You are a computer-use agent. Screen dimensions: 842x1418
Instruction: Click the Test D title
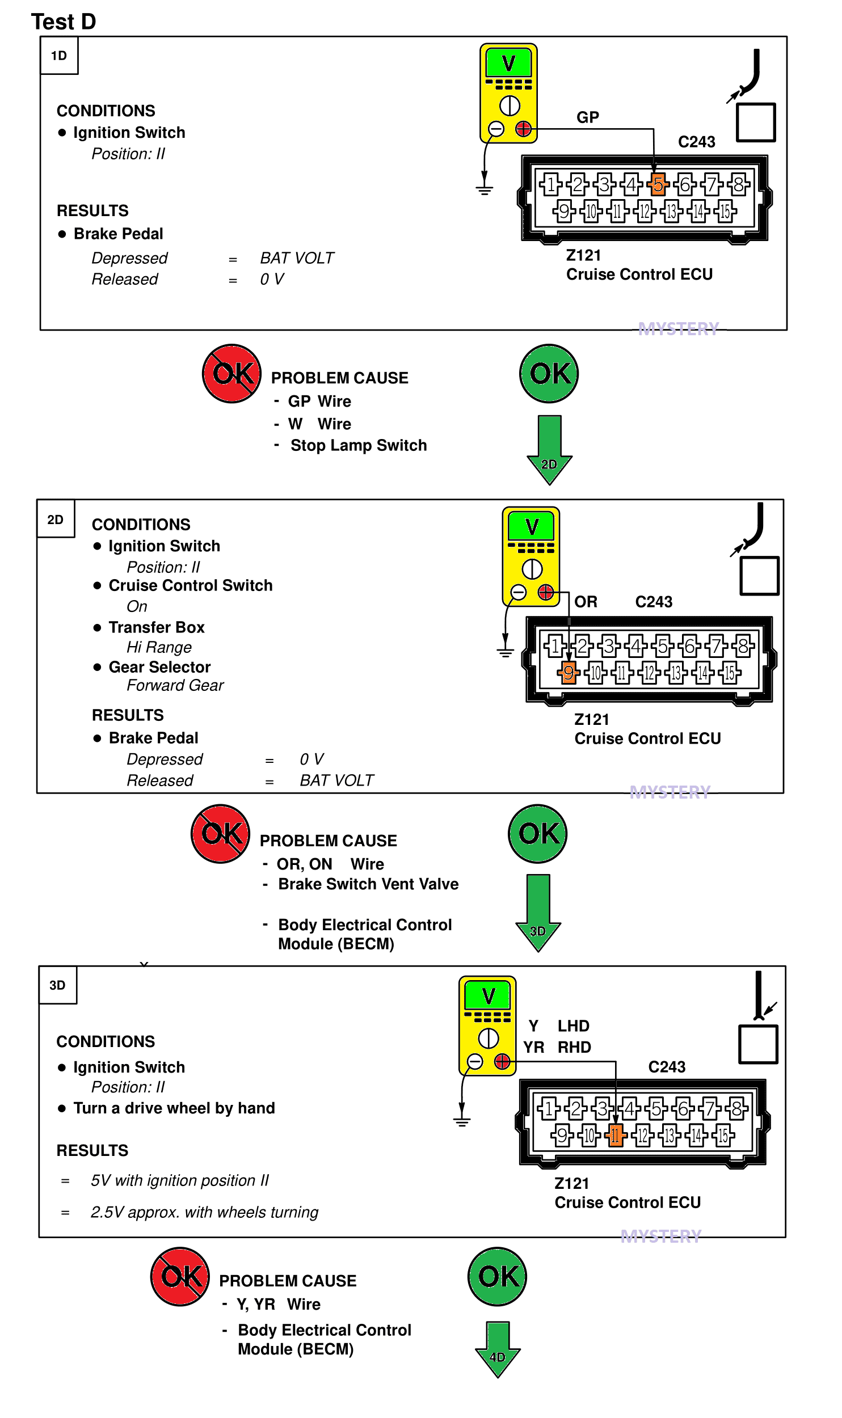point(64,22)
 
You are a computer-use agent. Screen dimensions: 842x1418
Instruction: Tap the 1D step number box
point(59,56)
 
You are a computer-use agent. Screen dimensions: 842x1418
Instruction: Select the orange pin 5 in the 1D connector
point(658,184)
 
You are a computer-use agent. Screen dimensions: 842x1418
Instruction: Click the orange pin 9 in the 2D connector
point(569,673)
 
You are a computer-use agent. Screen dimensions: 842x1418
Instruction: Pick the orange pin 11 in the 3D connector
point(615,1135)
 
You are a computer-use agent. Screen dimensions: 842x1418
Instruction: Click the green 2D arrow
point(549,450)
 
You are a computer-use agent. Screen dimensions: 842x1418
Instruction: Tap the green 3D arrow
point(538,913)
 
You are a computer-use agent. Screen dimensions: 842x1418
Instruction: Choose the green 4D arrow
point(498,1349)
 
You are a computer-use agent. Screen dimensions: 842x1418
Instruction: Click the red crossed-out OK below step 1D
point(232,374)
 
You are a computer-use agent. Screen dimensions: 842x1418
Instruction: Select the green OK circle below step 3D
point(497,1277)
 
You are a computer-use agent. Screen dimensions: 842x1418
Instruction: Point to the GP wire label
point(588,117)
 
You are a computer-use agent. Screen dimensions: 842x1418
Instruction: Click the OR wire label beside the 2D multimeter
point(586,602)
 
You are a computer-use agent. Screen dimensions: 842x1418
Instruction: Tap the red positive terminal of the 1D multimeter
point(523,129)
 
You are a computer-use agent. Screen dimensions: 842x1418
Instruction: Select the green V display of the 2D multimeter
point(531,526)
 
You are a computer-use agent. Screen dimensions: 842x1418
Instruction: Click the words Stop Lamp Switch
point(359,446)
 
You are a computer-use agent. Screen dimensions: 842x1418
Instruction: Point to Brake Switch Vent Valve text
point(368,884)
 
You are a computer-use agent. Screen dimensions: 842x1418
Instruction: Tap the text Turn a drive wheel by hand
point(174,1108)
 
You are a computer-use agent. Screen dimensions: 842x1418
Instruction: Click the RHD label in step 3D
point(574,1047)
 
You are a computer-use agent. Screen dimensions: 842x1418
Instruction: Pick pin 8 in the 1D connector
point(739,184)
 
